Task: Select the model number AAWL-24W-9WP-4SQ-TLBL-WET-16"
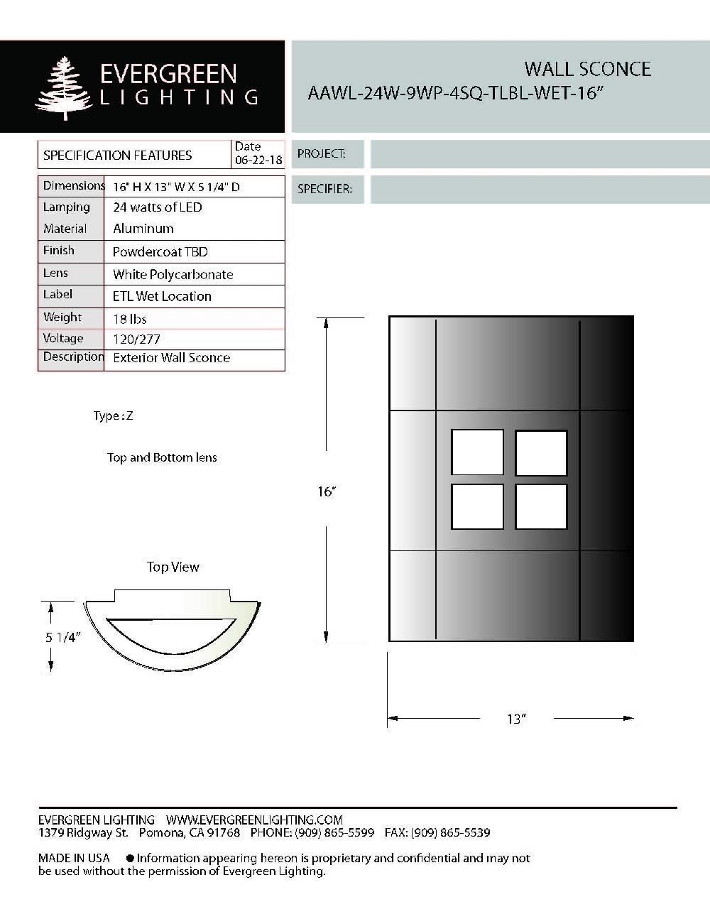[455, 94]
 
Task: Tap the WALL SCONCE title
[587, 69]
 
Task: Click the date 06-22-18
[258, 161]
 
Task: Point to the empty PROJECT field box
[540, 154]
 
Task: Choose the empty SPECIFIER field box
[540, 190]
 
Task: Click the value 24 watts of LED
[158, 207]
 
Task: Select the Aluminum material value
[143, 229]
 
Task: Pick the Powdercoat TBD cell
[160, 252]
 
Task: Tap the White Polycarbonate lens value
[173, 274]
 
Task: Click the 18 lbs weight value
[130, 319]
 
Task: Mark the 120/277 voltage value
[137, 339]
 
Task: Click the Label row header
[58, 295]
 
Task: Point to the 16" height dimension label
[326, 491]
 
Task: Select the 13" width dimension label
[515, 719]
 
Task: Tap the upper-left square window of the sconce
[477, 452]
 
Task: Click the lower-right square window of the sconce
[541, 506]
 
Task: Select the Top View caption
[173, 567]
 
